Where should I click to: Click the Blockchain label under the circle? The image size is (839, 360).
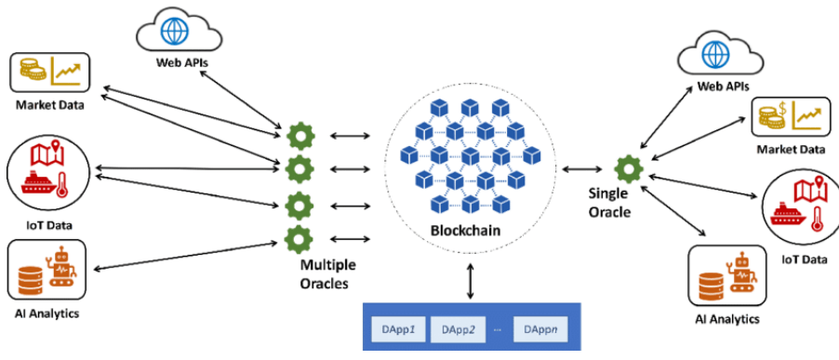click(x=463, y=230)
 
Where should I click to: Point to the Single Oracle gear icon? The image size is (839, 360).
click(x=630, y=168)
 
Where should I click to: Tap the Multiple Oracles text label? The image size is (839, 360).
click(x=327, y=273)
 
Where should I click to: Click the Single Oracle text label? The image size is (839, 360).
click(x=609, y=203)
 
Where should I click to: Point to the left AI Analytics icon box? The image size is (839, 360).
click(x=47, y=271)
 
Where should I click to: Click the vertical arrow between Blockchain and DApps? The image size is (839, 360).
click(x=470, y=280)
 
